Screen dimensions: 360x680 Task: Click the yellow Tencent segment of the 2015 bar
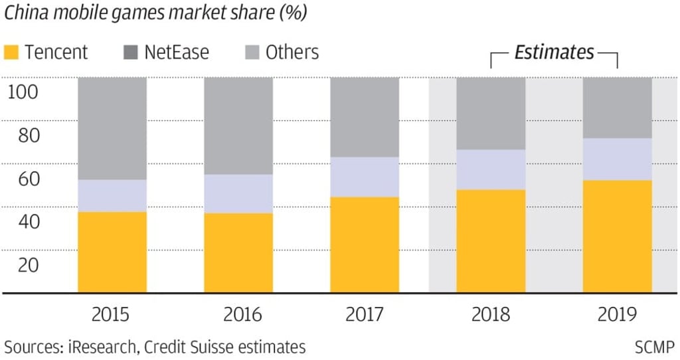click(112, 252)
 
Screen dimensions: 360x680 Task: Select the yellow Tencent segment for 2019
click(617, 236)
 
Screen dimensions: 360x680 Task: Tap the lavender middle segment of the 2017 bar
click(365, 177)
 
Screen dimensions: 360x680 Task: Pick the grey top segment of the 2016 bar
click(238, 126)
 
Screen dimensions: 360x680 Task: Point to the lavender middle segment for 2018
click(491, 170)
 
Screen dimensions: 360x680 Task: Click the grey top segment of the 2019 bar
click(617, 108)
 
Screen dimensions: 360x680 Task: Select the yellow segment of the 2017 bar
click(365, 245)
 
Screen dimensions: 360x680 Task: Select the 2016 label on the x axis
click(238, 314)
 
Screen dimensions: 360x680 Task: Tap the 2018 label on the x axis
click(491, 314)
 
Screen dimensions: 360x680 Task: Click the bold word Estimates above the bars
click(554, 52)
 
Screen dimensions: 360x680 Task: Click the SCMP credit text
click(654, 347)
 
